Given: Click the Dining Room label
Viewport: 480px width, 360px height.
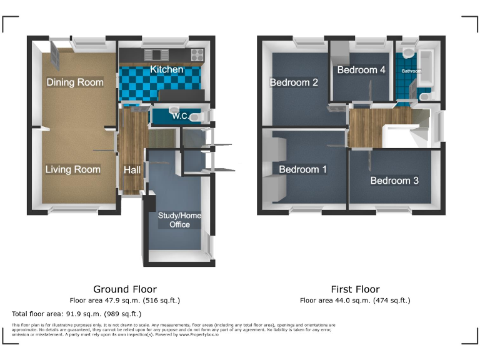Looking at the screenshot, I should pyautogui.click(x=75, y=82).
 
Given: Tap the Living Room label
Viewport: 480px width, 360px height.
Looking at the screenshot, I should pyautogui.click(x=72, y=169).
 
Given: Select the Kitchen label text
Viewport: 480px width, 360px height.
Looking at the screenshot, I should pyautogui.click(x=166, y=69).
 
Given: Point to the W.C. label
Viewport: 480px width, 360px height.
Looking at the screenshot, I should pyautogui.click(x=181, y=116).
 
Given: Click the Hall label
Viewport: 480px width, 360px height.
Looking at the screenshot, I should pyautogui.click(x=132, y=170).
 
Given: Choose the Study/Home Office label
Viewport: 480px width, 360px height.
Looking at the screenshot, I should pyautogui.click(x=179, y=220).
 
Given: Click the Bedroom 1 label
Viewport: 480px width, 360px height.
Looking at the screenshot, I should pyautogui.click(x=302, y=169).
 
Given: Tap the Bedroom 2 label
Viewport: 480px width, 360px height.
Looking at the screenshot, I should pyautogui.click(x=294, y=82).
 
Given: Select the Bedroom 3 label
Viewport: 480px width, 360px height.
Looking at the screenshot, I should pyautogui.click(x=394, y=181).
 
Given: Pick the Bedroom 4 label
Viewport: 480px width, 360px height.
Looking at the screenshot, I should pyautogui.click(x=361, y=70).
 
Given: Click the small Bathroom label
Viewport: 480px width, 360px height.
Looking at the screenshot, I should pyautogui.click(x=411, y=71).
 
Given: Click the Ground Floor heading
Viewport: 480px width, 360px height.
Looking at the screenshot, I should pyautogui.click(x=125, y=289).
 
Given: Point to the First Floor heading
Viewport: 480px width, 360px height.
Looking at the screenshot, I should pyautogui.click(x=355, y=289).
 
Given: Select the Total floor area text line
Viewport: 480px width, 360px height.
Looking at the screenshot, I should pyautogui.click(x=77, y=314).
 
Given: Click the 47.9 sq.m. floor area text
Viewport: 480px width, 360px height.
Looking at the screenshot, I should pyautogui.click(x=125, y=300).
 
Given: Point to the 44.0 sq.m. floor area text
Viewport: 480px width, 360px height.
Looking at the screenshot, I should pyautogui.click(x=355, y=300).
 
